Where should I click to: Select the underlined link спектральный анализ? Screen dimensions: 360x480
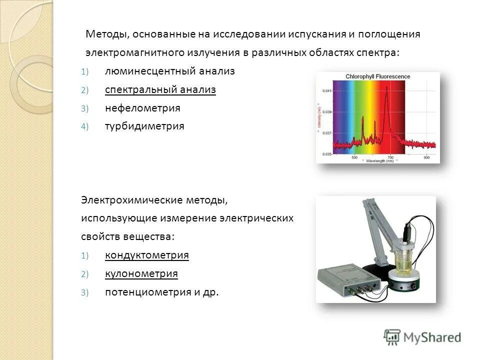point(160,90)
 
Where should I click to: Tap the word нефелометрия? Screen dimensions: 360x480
point(142,108)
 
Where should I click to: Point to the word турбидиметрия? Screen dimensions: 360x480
point(144,126)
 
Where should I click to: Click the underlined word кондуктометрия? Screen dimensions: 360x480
point(147,255)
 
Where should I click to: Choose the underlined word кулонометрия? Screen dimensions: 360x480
point(141,274)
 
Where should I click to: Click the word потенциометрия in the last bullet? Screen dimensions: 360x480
point(147,292)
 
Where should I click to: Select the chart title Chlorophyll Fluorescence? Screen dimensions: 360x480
point(377,76)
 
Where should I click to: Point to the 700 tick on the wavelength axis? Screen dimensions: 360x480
point(390,157)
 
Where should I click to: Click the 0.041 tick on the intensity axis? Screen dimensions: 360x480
point(326,90)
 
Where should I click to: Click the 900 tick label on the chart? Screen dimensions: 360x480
point(426,157)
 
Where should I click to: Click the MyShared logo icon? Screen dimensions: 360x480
point(391,337)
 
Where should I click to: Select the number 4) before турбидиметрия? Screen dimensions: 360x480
point(84,126)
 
